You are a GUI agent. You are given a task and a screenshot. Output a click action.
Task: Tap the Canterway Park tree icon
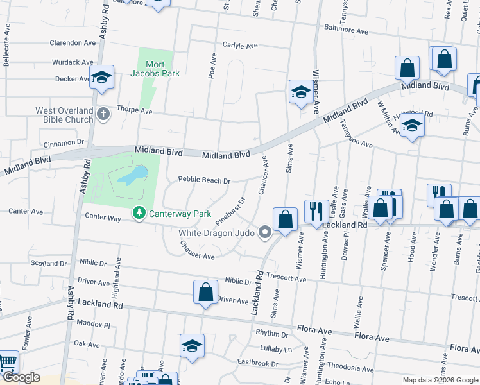pos(139,212)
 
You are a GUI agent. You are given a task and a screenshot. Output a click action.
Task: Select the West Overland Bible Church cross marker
pos(104,115)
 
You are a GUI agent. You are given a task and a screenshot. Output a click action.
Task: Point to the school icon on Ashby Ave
pos(101,77)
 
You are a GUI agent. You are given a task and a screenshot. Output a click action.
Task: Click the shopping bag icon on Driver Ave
pos(205,291)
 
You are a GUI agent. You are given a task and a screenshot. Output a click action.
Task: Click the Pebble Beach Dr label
pos(204,180)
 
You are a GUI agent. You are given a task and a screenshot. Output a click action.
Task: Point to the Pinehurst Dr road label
pos(230,210)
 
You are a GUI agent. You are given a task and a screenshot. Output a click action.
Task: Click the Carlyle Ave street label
pos(239,46)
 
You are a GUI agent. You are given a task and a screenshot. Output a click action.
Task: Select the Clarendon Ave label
pos(73,43)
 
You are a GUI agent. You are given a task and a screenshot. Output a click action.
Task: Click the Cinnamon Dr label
pos(63,142)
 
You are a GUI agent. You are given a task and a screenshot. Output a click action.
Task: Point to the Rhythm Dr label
pos(272,334)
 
